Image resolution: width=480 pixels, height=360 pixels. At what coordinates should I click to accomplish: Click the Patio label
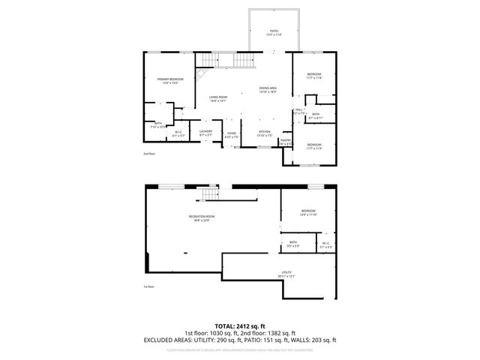tap(274, 32)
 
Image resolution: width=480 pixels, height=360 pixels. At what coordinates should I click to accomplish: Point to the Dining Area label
tap(268, 89)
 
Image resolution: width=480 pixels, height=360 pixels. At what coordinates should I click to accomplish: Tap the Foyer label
tap(232, 135)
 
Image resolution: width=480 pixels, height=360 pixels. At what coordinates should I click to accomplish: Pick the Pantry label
tap(286, 142)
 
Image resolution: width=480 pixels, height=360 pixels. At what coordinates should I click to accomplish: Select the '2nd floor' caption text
tap(149, 154)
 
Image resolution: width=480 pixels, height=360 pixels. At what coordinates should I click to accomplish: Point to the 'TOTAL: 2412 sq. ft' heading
tap(240, 326)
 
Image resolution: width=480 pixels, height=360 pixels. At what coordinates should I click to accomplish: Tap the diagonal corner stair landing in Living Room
tap(200, 75)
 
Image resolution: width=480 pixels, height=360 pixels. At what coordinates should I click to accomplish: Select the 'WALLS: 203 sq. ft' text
tap(317, 340)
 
